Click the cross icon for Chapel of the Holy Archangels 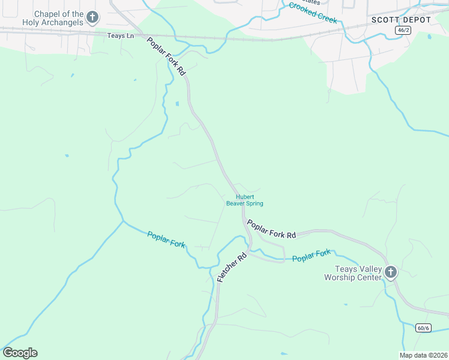pyautogui.click(x=92, y=17)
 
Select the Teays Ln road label pyautogui.click(x=121, y=36)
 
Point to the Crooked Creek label pyautogui.click(x=313, y=13)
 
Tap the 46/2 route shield pyautogui.click(x=403, y=30)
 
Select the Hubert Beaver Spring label pyautogui.click(x=244, y=200)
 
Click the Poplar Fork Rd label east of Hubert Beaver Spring pyautogui.click(x=272, y=229)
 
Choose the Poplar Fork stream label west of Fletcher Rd pyautogui.click(x=166, y=239)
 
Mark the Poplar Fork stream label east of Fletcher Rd pyautogui.click(x=312, y=256)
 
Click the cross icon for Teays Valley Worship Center pyautogui.click(x=391, y=272)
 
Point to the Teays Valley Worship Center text pyautogui.click(x=353, y=273)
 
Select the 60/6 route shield pyautogui.click(x=423, y=327)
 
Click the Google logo pyautogui.click(x=20, y=353)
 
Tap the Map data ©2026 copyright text pyautogui.click(x=423, y=355)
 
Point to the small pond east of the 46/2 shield pyautogui.click(x=429, y=37)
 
